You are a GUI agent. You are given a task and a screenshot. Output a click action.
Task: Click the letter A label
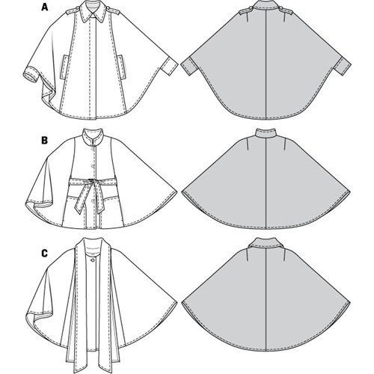pyautogui.click(x=45, y=7)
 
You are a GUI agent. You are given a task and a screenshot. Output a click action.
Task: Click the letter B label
pyautogui.click(x=44, y=141)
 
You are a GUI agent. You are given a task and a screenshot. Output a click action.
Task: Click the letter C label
pyautogui.click(x=44, y=254)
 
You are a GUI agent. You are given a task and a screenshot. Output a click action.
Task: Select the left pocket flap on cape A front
pyautogui.click(x=64, y=66)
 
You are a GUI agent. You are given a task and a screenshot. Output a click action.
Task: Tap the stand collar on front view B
pyautogui.click(x=93, y=137)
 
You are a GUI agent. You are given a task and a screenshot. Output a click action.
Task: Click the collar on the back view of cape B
pyautogui.click(x=266, y=134)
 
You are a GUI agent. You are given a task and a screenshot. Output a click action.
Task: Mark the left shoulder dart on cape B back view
pyautogui.click(x=248, y=144)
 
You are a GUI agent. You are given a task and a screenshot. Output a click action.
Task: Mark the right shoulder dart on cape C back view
pyautogui.click(x=284, y=255)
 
